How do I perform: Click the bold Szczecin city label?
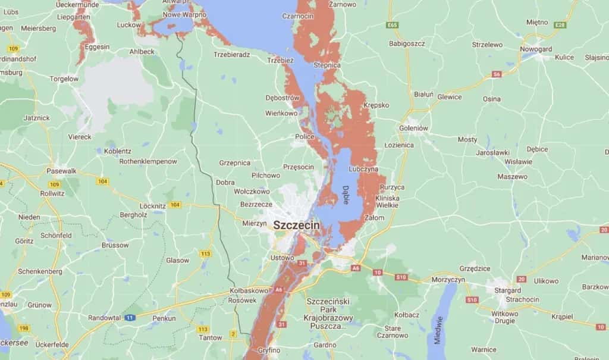click(296, 226)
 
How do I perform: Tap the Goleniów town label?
click(414, 127)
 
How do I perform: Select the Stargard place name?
click(503, 291)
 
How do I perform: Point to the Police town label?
click(304, 137)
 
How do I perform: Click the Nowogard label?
click(536, 48)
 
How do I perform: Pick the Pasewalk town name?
click(62, 171)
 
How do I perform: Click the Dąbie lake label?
click(346, 195)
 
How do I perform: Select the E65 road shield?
click(391, 25)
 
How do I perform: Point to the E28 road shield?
click(559, 25)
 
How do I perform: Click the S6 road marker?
click(496, 74)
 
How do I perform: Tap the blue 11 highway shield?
click(130, 318)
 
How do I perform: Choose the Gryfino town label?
click(269, 350)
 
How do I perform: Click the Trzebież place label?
click(280, 60)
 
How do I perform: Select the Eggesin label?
click(98, 46)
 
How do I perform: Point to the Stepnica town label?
click(327, 64)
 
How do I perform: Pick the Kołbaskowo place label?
click(249, 291)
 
